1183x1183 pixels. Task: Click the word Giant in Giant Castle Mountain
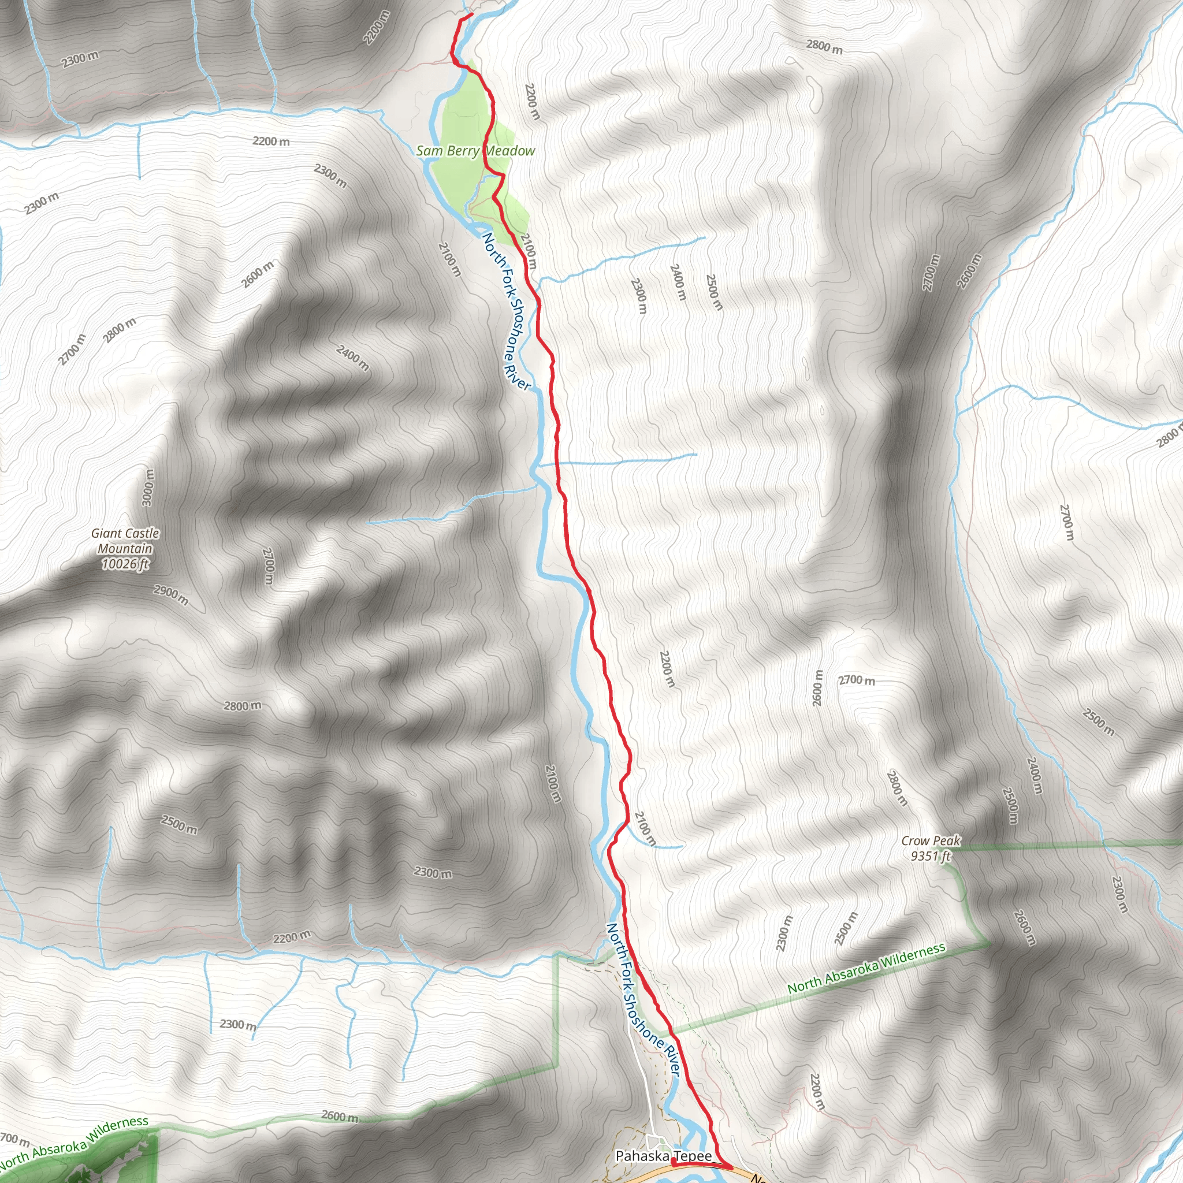[x=106, y=533]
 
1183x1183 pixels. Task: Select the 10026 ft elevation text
[x=125, y=564]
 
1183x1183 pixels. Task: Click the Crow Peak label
[x=931, y=840]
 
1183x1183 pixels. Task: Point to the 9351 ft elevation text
[x=931, y=855]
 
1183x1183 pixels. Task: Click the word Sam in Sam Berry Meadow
[x=427, y=151]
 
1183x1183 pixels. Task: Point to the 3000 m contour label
[x=147, y=488]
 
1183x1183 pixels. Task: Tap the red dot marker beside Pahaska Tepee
[x=674, y=1161]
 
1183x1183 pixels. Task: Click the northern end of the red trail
[x=471, y=14]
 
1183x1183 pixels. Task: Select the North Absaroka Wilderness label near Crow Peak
[x=866, y=968]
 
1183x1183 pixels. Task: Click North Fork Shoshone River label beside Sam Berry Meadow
[x=506, y=310]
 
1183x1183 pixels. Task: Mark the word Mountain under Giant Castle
[x=125, y=549]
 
